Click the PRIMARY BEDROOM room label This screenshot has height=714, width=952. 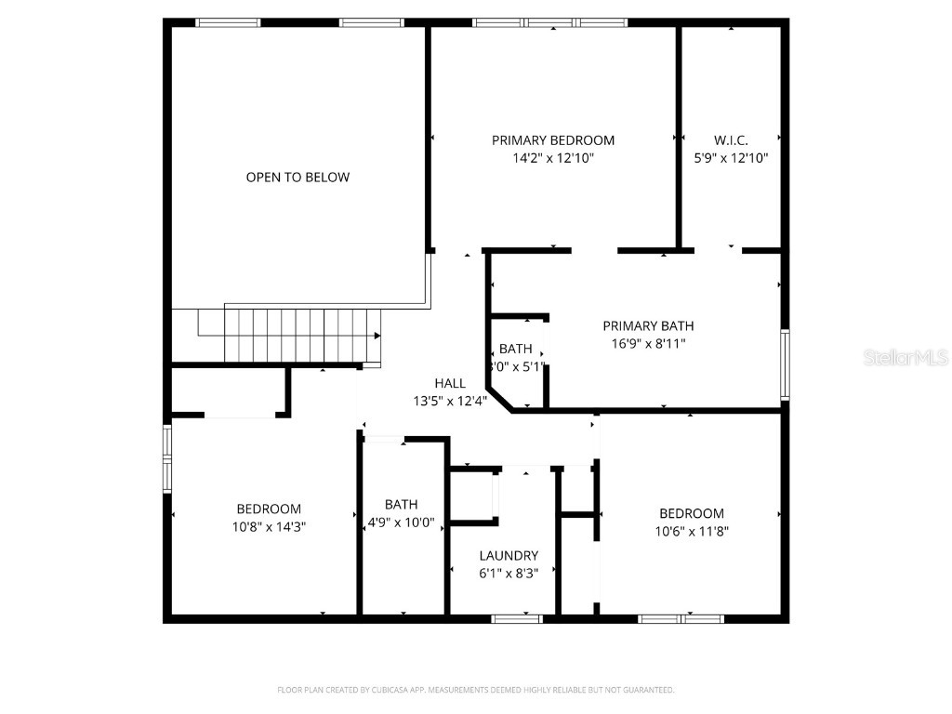point(552,140)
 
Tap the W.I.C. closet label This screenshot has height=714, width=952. point(731,140)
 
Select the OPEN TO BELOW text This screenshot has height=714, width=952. point(297,177)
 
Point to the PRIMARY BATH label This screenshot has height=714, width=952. point(648,325)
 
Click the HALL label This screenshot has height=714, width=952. point(450,383)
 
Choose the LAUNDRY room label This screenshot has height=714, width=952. point(509,556)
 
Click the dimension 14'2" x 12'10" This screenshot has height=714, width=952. point(552,158)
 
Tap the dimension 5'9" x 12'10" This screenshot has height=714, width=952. point(731,158)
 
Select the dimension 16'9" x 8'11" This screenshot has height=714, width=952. point(648,343)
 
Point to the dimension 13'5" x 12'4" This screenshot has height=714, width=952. point(450,401)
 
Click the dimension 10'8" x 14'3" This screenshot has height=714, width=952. point(269,526)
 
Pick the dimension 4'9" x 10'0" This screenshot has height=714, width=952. point(401,522)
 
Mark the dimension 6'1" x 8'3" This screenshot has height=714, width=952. point(509,574)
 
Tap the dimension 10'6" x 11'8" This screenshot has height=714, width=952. point(691,531)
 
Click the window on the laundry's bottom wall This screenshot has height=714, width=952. point(517,618)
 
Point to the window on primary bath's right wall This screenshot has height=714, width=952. point(786,364)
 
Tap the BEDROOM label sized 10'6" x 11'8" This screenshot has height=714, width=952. point(691,513)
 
